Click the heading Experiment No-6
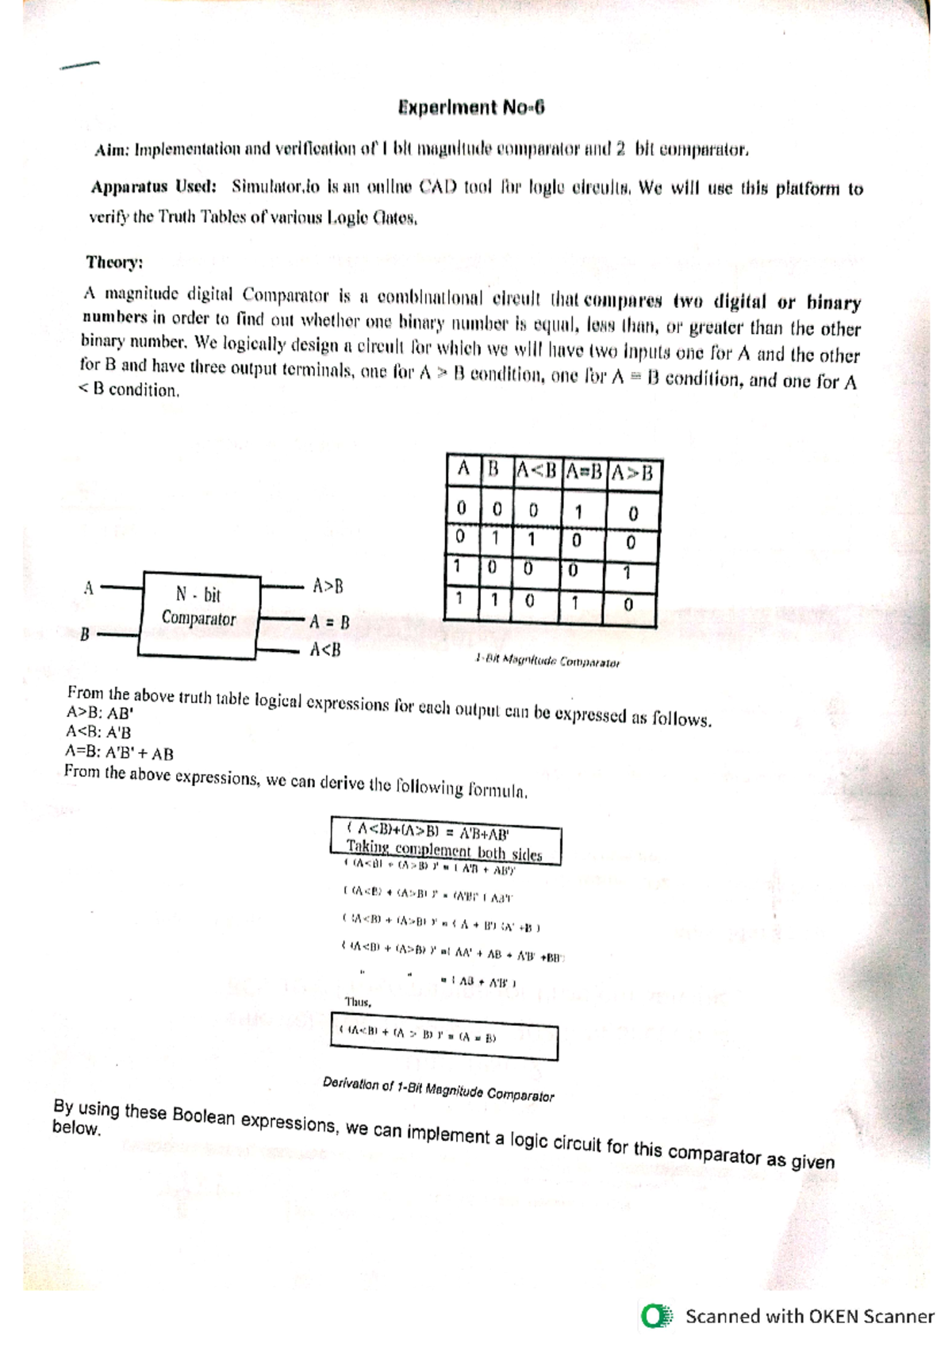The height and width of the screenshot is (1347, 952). (470, 108)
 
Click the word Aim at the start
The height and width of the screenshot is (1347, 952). (111, 150)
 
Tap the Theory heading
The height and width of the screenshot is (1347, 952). (114, 262)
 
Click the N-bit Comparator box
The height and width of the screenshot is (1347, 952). (200, 615)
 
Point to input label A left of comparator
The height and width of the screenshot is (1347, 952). (88, 588)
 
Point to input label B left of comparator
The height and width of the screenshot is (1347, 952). (84, 634)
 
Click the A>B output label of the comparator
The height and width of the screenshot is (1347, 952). (328, 586)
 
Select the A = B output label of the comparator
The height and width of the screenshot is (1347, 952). (329, 622)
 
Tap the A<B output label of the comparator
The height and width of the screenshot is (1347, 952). (325, 650)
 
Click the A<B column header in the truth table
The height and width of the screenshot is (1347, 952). (536, 471)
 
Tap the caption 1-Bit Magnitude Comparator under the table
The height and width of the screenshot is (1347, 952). (547, 661)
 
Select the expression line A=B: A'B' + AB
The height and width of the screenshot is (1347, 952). (119, 753)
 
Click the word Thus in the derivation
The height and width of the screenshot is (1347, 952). (358, 1002)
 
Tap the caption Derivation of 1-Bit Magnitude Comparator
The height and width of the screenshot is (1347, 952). (438, 1089)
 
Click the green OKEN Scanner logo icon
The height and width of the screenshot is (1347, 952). (657, 1317)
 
